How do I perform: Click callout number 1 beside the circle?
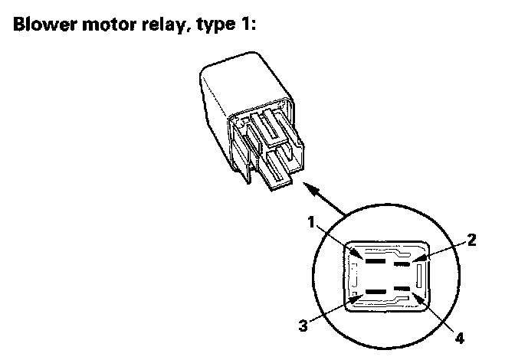311,222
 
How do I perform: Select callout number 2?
471,240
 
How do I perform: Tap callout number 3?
303,326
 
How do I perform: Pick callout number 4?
460,338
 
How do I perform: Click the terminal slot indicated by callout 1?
376,261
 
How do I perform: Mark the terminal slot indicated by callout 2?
402,263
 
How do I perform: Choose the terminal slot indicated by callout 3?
376,291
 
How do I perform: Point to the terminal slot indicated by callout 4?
402,289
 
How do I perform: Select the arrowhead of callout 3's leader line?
356,299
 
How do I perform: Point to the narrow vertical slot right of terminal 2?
419,276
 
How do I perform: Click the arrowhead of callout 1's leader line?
356,254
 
